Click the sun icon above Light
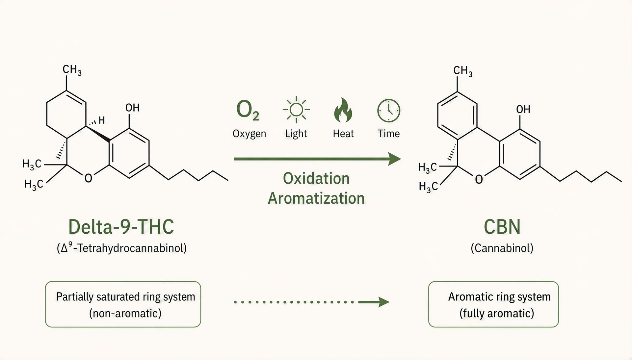(296, 110)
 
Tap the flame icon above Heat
(343, 110)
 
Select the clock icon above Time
(389, 111)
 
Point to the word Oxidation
(316, 178)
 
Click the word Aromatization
(316, 198)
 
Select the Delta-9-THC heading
(121, 227)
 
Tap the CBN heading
(502, 227)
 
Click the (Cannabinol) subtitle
(502, 248)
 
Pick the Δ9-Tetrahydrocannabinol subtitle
(121, 247)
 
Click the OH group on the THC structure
(132, 108)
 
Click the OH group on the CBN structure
(523, 109)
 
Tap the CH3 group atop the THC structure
(72, 70)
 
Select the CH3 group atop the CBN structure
(463, 71)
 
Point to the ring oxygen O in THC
(88, 178)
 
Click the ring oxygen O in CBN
(479, 179)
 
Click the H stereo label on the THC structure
(102, 120)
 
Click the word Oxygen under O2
(249, 134)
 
